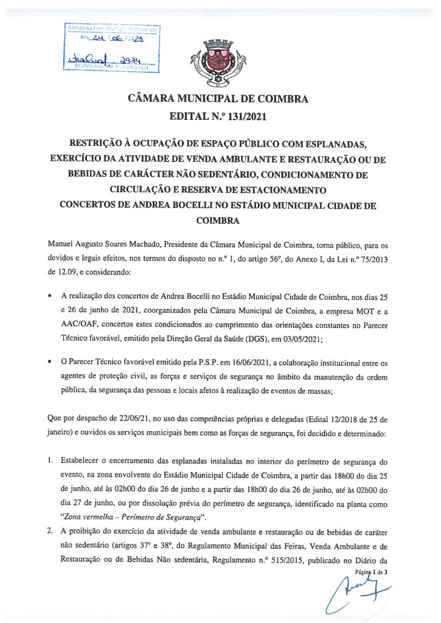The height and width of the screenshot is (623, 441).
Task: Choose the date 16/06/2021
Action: [x=226, y=363]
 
